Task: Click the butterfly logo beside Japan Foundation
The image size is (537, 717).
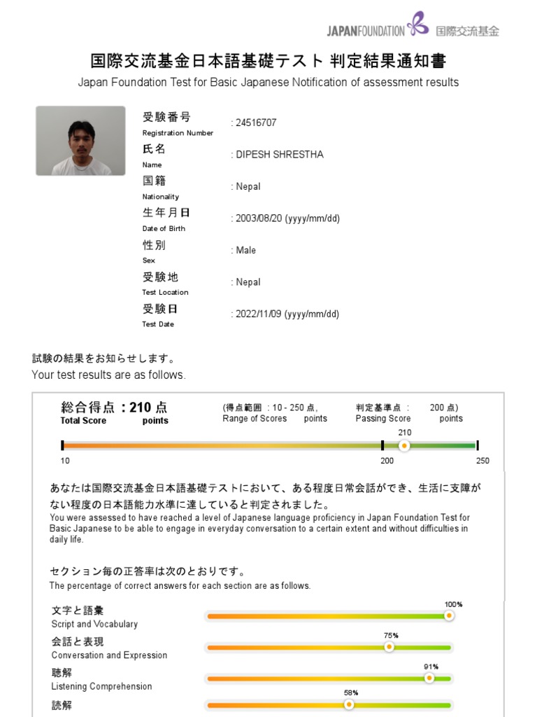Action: point(418,23)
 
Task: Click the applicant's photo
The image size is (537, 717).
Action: point(80,141)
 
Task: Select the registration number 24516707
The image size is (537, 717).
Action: point(256,123)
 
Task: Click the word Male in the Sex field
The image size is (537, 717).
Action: point(246,251)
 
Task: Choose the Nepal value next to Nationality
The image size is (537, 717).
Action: point(248,187)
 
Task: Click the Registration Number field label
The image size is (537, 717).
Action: point(178,133)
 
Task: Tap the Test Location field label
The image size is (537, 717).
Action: point(165,293)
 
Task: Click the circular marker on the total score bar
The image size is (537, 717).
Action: point(404,445)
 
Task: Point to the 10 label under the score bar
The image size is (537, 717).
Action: point(65,461)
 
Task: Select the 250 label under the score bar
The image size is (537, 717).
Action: point(482,461)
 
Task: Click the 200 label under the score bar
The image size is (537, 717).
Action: point(387,461)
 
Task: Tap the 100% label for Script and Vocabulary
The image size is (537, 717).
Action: point(453,604)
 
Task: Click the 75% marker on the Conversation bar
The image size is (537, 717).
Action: point(389,647)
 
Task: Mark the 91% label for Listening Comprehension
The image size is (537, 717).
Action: point(431,667)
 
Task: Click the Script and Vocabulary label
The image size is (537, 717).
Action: point(94,624)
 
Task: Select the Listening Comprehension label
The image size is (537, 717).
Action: point(101,686)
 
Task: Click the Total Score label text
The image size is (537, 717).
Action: point(83,421)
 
